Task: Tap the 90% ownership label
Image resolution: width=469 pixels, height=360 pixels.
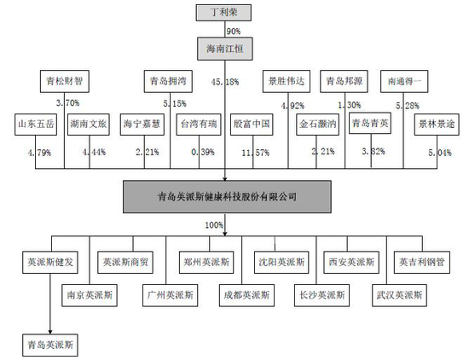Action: pos(234,31)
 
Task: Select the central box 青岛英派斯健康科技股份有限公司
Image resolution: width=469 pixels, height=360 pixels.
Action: pos(226,195)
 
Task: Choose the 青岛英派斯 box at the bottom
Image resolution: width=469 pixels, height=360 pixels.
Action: pos(49,345)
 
